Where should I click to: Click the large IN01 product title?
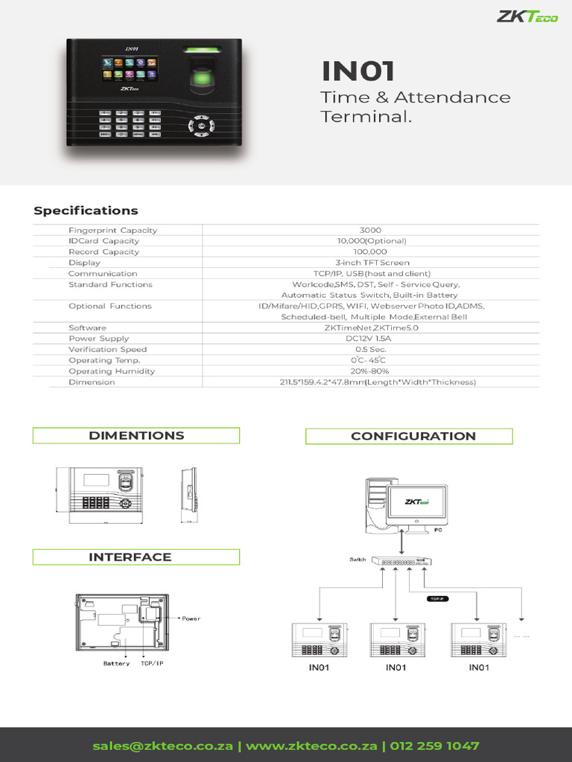[358, 71]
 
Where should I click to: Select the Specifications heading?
[86, 211]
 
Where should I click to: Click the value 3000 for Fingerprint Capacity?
[369, 231]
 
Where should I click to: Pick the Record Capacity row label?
[104, 252]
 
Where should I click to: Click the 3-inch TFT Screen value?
[372, 263]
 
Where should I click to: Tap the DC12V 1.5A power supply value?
[368, 339]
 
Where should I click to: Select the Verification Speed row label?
[107, 350]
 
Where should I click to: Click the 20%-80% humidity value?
[369, 371]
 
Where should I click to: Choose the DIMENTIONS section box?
[136, 435]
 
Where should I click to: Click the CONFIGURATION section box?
[409, 436]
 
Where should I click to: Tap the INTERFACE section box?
[136, 557]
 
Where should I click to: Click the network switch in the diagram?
[401, 562]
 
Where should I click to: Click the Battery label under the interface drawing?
[116, 663]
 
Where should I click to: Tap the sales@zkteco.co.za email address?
[162, 746]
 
